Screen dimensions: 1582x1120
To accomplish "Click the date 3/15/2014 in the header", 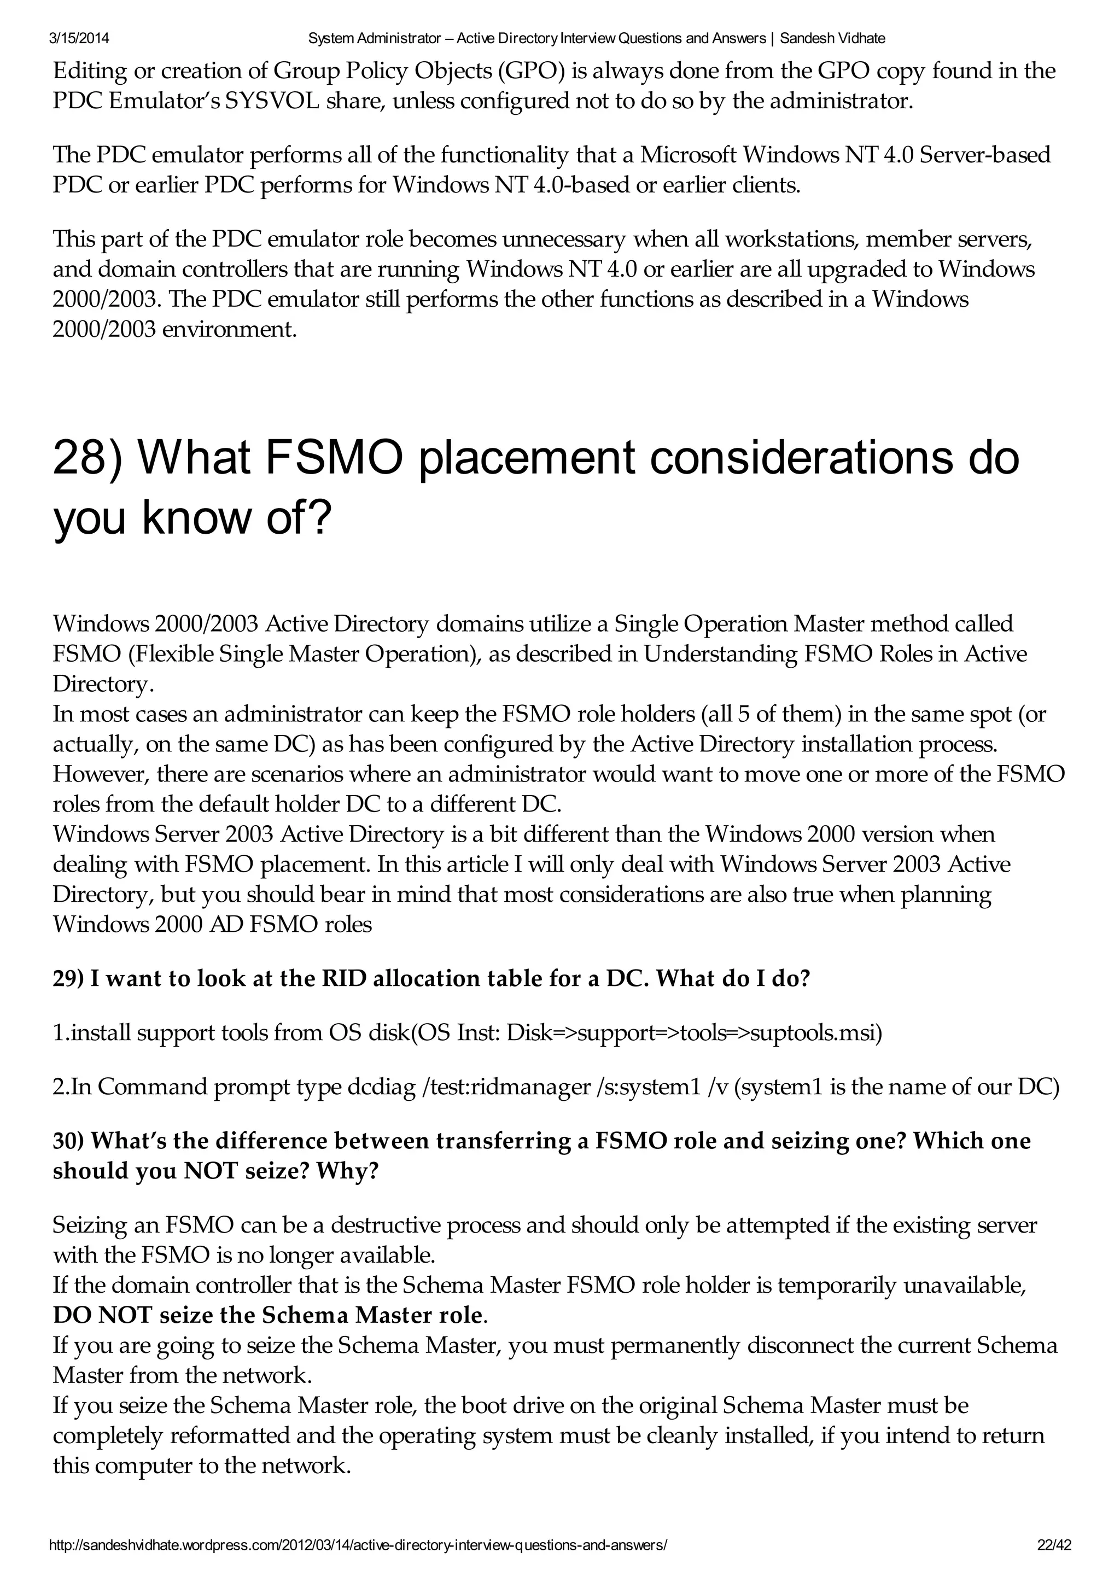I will click(x=79, y=39).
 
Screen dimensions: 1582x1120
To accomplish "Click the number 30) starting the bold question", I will click(x=68, y=1141).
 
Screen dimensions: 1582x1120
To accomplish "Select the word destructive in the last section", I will click(x=386, y=1225).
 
